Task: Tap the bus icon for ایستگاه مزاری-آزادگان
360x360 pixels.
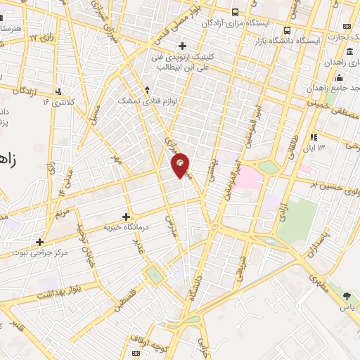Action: tap(234, 12)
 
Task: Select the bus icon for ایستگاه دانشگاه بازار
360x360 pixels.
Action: tap(287, 30)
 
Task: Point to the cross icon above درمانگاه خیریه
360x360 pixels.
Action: tap(126, 217)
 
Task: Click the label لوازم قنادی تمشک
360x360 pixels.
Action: tap(147, 101)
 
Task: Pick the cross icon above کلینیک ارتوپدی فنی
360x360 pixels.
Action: tap(182, 46)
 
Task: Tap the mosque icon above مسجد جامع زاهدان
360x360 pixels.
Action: tap(338, 78)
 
